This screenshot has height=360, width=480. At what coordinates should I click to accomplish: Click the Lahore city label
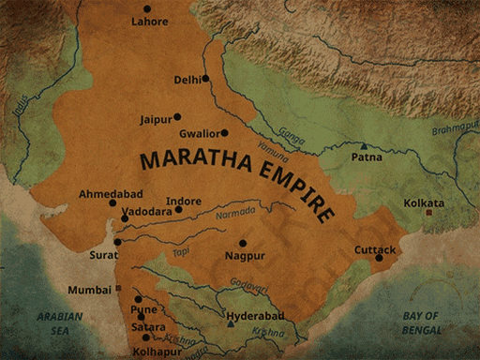pos(150,21)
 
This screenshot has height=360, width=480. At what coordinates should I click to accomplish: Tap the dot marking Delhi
pos(204,79)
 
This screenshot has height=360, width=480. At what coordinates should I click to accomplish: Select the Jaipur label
pos(156,120)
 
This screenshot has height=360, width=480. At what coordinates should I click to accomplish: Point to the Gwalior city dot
pos(224,133)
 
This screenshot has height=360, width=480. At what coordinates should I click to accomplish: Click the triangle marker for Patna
pos(364,146)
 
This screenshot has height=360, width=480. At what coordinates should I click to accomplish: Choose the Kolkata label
pos(424,202)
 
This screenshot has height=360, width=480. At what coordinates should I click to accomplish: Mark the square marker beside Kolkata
pos(429,213)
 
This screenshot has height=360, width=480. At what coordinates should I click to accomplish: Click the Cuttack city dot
pos(380,258)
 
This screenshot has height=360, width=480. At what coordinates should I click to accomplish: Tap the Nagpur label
pos(245,255)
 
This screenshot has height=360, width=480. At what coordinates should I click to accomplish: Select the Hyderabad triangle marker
pos(231,324)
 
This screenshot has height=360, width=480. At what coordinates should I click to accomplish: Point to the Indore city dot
pos(179,210)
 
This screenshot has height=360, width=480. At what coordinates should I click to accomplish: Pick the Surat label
pos(104,255)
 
